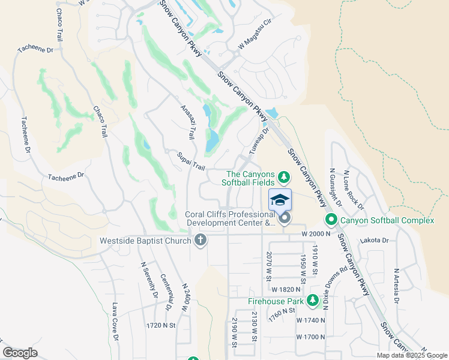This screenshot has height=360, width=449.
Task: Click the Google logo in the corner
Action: click(x=20, y=353)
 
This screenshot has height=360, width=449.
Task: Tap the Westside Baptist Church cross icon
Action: click(x=200, y=241)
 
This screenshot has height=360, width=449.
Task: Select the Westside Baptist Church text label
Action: click(x=146, y=241)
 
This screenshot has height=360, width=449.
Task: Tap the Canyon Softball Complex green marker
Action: click(x=331, y=220)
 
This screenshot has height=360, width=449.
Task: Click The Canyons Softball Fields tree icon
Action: click(x=285, y=177)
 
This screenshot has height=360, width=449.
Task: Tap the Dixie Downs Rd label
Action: click(x=327, y=287)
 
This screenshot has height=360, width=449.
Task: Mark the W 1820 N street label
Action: click(x=286, y=289)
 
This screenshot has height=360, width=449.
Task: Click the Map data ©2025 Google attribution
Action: click(x=411, y=355)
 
